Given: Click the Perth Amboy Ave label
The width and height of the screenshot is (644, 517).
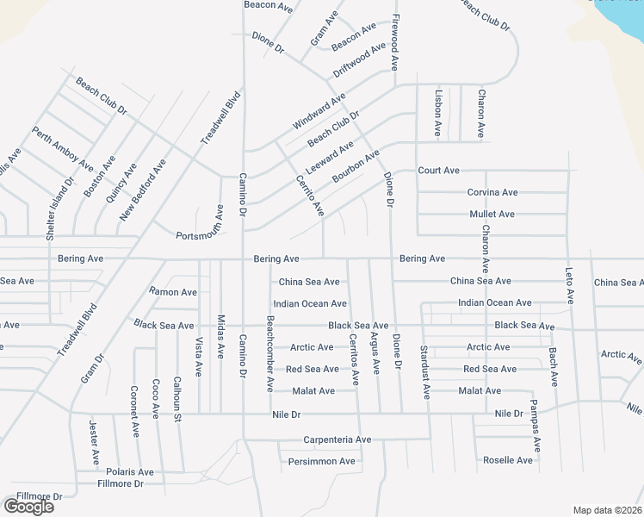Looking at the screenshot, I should (x=63, y=148).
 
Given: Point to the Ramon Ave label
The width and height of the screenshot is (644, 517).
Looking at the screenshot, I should (x=173, y=292).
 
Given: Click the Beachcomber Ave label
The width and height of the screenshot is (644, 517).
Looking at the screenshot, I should (x=270, y=353).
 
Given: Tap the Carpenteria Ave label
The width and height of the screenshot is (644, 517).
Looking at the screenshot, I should (x=337, y=439).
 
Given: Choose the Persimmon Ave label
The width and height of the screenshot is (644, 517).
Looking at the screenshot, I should (x=322, y=461).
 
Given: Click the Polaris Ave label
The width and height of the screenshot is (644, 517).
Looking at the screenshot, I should (x=129, y=472).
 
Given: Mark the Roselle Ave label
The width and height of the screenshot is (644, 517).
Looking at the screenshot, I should (x=508, y=460).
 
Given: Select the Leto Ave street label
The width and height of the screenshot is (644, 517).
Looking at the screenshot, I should (x=569, y=283).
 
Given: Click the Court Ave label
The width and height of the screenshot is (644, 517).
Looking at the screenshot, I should (x=439, y=171).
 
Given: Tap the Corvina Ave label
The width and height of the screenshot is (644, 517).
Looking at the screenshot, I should (x=492, y=192).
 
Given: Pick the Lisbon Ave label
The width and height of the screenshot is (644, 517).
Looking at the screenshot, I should (x=438, y=114).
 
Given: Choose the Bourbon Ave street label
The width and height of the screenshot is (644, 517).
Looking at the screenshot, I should (x=356, y=165).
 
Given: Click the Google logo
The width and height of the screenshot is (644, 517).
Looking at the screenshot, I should (x=28, y=507).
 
